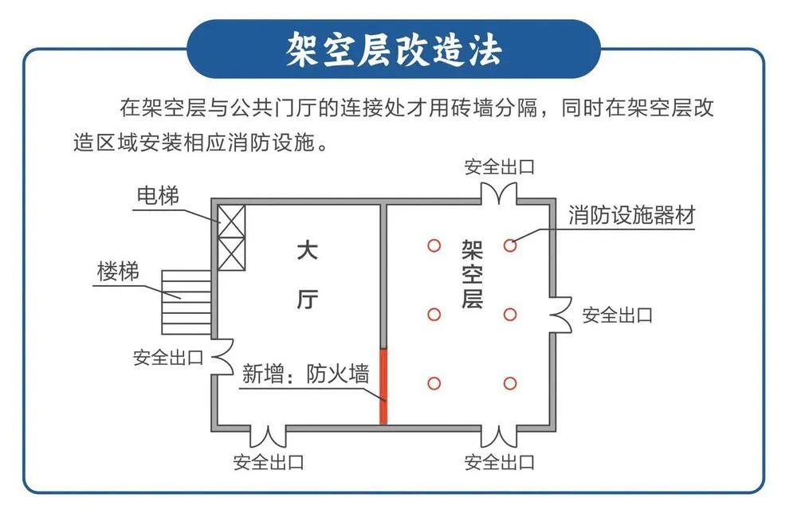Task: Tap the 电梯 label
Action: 157,194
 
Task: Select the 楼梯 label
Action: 118,272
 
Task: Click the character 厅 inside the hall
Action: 308,300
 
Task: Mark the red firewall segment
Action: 383,386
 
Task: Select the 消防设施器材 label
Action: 631,215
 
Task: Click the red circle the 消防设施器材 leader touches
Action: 510,245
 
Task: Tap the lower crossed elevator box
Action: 232,254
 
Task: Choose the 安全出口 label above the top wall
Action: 500,167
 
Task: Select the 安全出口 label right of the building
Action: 617,315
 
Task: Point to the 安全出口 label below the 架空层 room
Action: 500,462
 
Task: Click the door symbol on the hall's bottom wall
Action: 269,435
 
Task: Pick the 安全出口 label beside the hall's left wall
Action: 168,357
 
